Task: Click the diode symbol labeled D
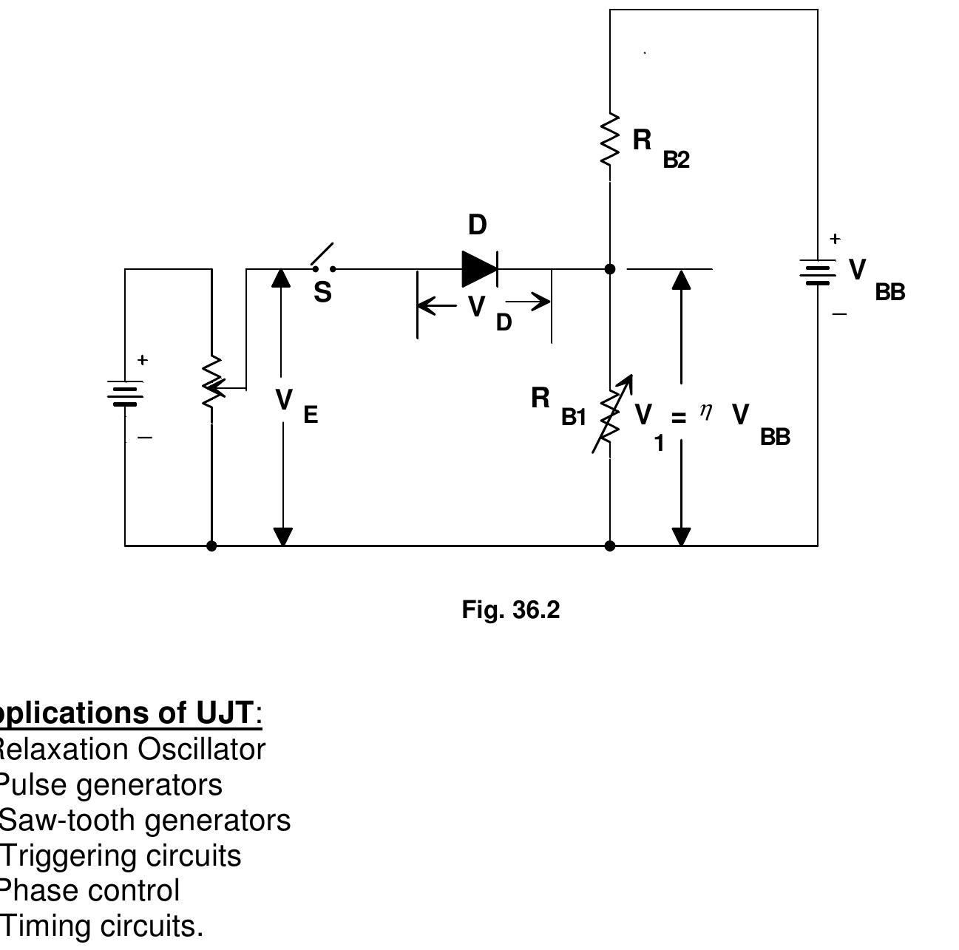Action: [x=479, y=268]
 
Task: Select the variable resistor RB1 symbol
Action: [x=610, y=416]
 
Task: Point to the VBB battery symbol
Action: [x=818, y=271]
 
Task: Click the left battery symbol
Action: [x=125, y=393]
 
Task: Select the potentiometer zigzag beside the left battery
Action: [x=212, y=383]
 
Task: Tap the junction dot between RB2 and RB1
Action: [x=610, y=269]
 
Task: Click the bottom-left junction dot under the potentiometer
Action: [x=211, y=546]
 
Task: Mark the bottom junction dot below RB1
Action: [x=610, y=546]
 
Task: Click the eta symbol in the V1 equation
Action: [x=706, y=411]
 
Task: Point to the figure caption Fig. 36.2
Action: [x=511, y=610]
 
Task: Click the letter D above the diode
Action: [x=478, y=225]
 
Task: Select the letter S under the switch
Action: [x=322, y=293]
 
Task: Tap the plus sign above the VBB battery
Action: [x=835, y=239]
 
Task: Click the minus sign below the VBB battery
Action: [x=838, y=314]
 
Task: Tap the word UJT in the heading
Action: [x=225, y=713]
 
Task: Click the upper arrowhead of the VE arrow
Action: [x=281, y=278]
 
